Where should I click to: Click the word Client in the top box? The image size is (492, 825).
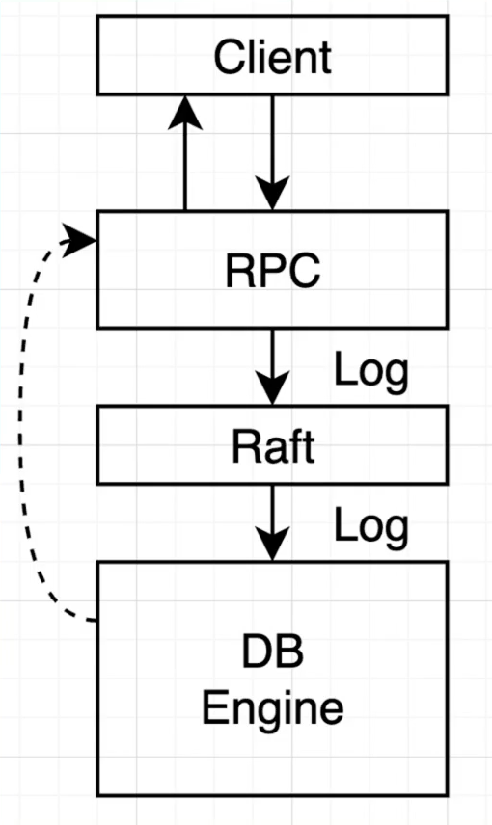click(x=273, y=58)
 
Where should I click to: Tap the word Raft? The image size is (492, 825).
click(x=273, y=446)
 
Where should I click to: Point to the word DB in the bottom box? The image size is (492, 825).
click(x=273, y=655)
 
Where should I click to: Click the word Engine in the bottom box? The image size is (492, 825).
click(x=273, y=709)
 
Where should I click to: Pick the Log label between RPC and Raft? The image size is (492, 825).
click(x=371, y=370)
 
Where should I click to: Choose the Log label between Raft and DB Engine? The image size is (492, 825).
click(x=371, y=526)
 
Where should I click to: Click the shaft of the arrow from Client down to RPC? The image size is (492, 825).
click(x=273, y=135)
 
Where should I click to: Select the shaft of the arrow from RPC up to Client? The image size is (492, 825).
click(x=184, y=164)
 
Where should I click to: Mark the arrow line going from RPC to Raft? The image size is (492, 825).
click(x=273, y=352)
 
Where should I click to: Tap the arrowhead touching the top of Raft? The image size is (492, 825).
click(x=273, y=390)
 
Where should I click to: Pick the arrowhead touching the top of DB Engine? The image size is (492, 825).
click(x=273, y=546)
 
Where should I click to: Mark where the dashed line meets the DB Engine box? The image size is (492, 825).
click(x=96, y=622)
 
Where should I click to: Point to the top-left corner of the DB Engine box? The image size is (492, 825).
click(x=97, y=562)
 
